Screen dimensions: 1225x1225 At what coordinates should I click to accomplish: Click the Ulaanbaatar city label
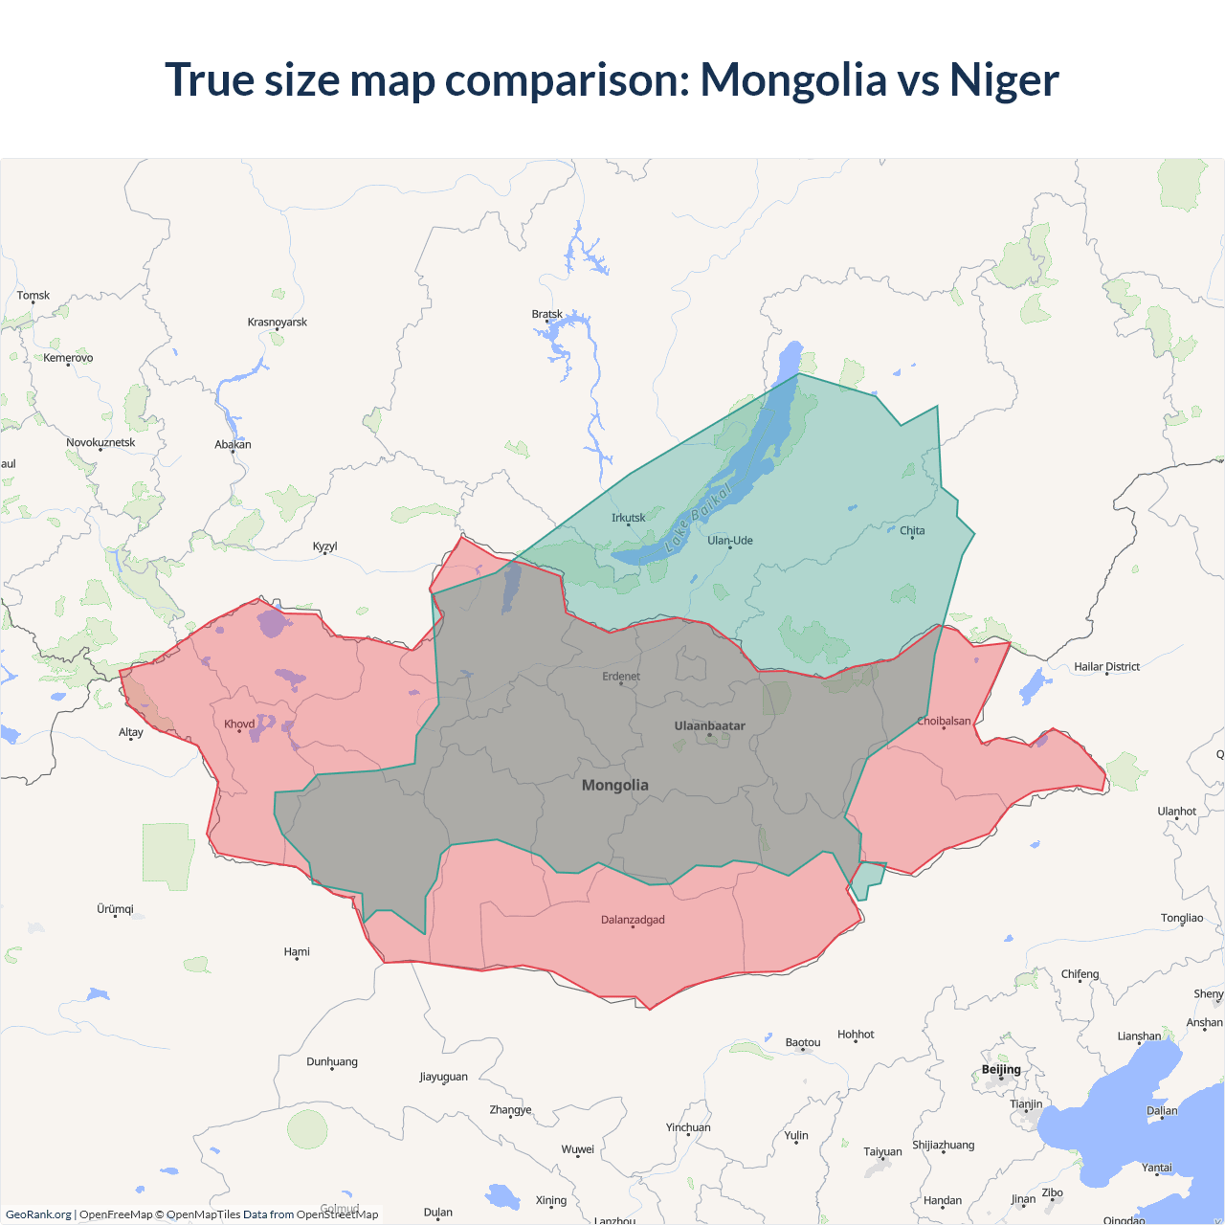click(x=709, y=725)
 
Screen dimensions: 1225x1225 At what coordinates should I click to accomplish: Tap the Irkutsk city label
click(x=629, y=518)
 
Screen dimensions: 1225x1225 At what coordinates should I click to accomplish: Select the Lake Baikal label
click(x=699, y=518)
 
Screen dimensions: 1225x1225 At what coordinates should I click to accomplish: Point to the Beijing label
click(x=1001, y=1069)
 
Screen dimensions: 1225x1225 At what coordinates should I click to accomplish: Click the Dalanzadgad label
click(x=633, y=920)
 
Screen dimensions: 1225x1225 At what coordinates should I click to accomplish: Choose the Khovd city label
click(x=239, y=724)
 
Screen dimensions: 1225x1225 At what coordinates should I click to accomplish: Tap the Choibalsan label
click(x=944, y=721)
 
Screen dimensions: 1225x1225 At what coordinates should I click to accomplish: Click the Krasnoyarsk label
click(x=278, y=322)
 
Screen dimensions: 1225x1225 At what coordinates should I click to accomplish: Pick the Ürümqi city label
click(x=115, y=908)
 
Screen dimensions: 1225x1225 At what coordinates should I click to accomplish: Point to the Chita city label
click(x=912, y=530)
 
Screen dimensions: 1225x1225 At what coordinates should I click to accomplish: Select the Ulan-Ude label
click(x=730, y=540)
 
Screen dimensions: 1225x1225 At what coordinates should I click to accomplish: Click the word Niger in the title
click(x=1004, y=79)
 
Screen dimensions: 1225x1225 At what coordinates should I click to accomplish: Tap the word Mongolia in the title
click(x=793, y=79)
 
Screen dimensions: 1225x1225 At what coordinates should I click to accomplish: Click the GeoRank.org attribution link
click(x=38, y=1214)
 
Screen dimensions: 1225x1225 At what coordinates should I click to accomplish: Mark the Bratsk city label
click(x=547, y=314)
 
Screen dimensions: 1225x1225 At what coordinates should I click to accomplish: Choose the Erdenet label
click(x=621, y=676)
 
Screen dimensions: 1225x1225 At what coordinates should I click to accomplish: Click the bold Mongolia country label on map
click(x=615, y=785)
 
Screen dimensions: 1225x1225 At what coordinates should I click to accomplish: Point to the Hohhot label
click(x=856, y=1034)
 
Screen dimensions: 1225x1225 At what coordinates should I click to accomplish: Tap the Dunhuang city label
click(x=332, y=1061)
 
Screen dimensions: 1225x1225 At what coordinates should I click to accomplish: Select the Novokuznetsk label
click(x=100, y=442)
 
